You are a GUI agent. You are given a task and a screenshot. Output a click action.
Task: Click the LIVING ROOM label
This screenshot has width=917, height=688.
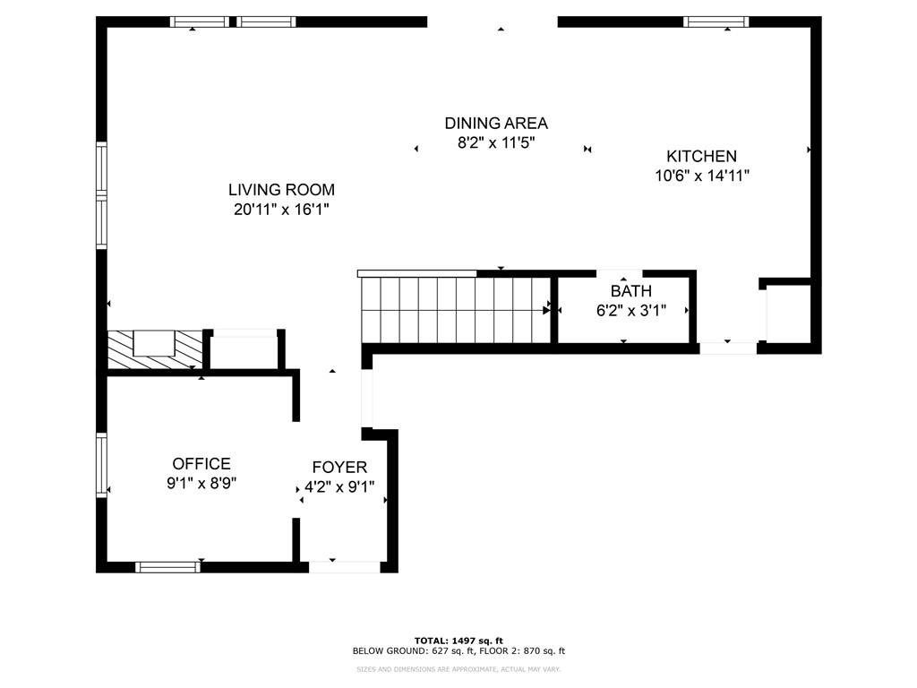point(281,190)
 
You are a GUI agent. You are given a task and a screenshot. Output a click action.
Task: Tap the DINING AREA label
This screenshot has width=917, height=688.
point(496,124)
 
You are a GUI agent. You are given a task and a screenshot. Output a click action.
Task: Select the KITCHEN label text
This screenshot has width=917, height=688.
point(701,157)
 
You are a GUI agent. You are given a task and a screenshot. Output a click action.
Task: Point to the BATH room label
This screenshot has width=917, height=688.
point(630,292)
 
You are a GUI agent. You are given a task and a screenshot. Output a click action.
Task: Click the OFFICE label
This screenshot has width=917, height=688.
point(201,464)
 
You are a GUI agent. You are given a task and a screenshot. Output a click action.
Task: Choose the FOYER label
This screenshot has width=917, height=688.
point(339,468)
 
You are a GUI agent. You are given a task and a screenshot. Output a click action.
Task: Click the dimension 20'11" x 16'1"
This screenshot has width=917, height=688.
point(281,211)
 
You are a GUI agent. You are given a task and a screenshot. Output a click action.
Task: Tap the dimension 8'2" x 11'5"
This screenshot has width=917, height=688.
point(496,143)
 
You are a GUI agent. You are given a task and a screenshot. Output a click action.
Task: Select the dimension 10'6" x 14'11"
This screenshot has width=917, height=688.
point(701,176)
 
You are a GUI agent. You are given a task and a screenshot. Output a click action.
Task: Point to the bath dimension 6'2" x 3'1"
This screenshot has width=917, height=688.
point(630,312)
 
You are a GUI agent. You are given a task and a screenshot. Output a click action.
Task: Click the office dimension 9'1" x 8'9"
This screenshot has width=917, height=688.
point(201,484)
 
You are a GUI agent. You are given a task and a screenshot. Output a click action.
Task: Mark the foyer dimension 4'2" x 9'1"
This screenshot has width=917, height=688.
point(339,488)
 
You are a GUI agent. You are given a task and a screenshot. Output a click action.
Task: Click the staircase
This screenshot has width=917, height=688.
point(456,310)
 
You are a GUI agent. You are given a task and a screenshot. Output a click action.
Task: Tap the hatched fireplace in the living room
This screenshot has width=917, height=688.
point(153,348)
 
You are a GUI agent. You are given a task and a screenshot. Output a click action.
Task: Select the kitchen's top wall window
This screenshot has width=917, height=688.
point(716,22)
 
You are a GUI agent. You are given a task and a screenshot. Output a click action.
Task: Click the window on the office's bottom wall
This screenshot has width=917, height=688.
point(167,566)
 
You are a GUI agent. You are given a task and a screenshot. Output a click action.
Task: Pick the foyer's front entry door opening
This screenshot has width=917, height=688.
point(344,566)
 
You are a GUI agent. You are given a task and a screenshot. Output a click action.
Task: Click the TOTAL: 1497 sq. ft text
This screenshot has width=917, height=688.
point(458,640)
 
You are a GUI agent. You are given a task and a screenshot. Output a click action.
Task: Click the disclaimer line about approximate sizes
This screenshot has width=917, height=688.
point(458,668)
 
